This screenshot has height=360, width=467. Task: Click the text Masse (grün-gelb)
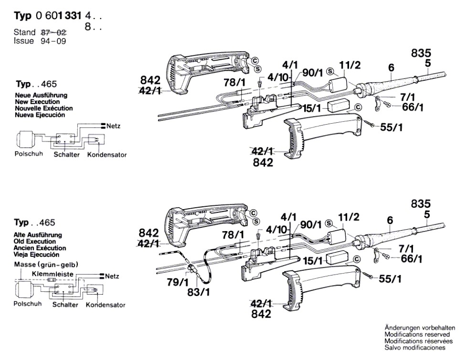tap(46, 265)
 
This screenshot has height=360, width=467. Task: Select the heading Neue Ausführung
tap(41, 95)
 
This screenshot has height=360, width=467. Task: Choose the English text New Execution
tap(38, 102)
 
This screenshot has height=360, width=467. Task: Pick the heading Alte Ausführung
tap(40, 235)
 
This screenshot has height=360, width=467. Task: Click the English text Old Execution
tap(36, 242)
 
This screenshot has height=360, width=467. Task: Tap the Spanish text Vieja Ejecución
tap(39, 254)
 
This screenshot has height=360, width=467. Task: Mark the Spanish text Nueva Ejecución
tap(41, 115)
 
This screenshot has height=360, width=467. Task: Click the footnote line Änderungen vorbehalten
tap(420, 328)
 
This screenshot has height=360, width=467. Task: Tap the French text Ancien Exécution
tap(41, 248)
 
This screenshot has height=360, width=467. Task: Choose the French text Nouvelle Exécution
tap(44, 108)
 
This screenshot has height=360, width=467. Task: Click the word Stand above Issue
tap(24, 32)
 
